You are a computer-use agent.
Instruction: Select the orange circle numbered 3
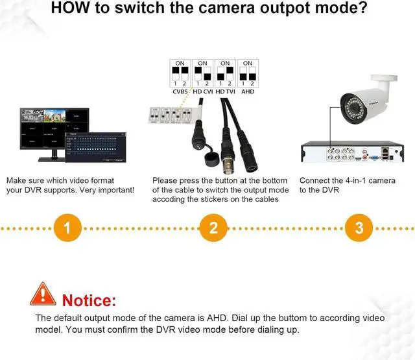pyautogui.click(x=358, y=228)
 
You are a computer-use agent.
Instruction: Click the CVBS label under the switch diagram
pyautogui.click(x=181, y=91)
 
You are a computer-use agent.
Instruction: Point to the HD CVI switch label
pyautogui.click(x=202, y=91)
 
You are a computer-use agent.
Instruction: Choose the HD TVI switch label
pyautogui.click(x=224, y=91)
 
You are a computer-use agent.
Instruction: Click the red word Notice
pyautogui.click(x=89, y=300)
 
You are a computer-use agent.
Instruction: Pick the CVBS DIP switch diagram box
pyautogui.click(x=180, y=73)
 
